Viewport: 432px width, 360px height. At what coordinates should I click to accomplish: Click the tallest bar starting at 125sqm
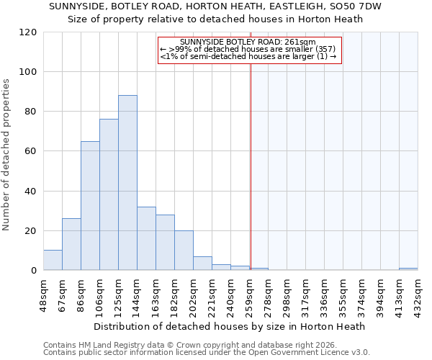pyautogui.click(x=127, y=183)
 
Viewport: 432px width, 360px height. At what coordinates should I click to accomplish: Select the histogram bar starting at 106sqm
pyautogui.click(x=109, y=194)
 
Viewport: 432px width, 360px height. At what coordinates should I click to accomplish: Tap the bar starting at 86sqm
pyautogui.click(x=90, y=206)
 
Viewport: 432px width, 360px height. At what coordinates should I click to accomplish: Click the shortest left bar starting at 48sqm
pyautogui.click(x=53, y=261)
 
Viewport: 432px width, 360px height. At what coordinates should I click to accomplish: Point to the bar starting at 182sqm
pyautogui.click(x=184, y=251)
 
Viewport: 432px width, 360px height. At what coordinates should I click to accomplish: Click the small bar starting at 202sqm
pyautogui.click(x=202, y=264)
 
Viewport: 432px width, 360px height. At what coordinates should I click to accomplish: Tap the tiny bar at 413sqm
pyautogui.click(x=408, y=269)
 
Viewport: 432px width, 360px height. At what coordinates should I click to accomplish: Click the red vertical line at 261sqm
pyautogui.click(x=251, y=166)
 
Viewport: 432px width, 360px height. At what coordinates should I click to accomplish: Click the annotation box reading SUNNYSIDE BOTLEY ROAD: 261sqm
pyautogui.click(x=248, y=49)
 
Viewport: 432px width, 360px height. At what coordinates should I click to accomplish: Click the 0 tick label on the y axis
pyautogui.click(x=34, y=271)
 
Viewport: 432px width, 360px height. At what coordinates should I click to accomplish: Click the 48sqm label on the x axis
pyautogui.click(x=44, y=292)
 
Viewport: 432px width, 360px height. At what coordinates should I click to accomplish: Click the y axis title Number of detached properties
pyautogui.click(x=7, y=155)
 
